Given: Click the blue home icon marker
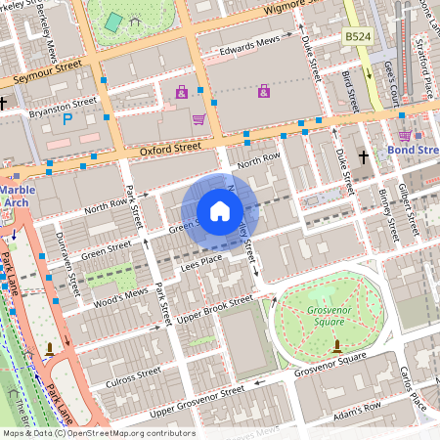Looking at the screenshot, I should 220,210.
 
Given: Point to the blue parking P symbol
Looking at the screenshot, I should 67,119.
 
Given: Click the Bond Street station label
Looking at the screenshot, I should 414,153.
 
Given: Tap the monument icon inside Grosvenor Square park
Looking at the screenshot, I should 337,345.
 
